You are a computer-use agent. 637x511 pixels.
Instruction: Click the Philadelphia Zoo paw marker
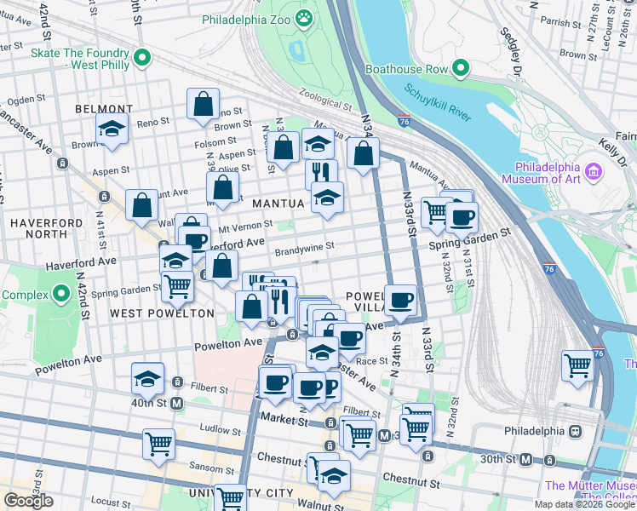(303, 18)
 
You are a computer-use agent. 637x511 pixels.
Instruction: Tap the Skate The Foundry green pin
(142, 58)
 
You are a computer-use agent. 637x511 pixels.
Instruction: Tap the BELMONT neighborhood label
(104, 109)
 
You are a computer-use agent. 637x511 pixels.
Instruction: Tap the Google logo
(28, 501)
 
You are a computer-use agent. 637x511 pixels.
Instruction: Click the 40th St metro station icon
(176, 403)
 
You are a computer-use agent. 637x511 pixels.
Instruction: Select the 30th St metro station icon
(527, 460)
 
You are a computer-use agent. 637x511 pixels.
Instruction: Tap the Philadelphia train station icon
(576, 431)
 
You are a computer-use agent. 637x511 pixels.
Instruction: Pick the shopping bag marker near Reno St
(204, 105)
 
